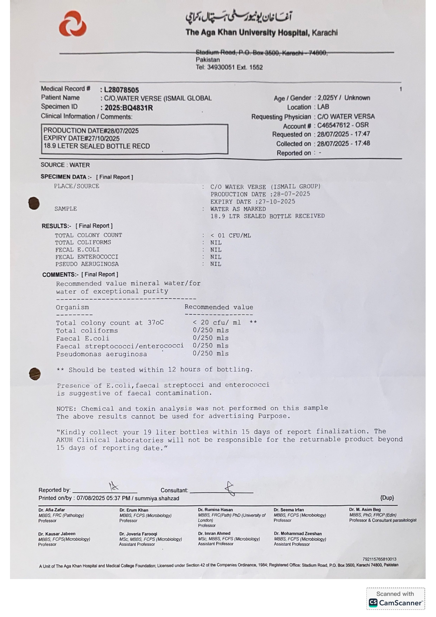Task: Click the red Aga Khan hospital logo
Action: [73, 24]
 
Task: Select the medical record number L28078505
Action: [121, 90]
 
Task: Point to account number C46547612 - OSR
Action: [343, 125]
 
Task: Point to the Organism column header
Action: [72, 307]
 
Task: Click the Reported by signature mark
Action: [113, 486]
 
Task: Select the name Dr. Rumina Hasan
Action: [215, 510]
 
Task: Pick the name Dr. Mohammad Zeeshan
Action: [298, 533]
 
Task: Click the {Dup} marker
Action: [387, 498]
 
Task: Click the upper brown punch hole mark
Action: [34, 203]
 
